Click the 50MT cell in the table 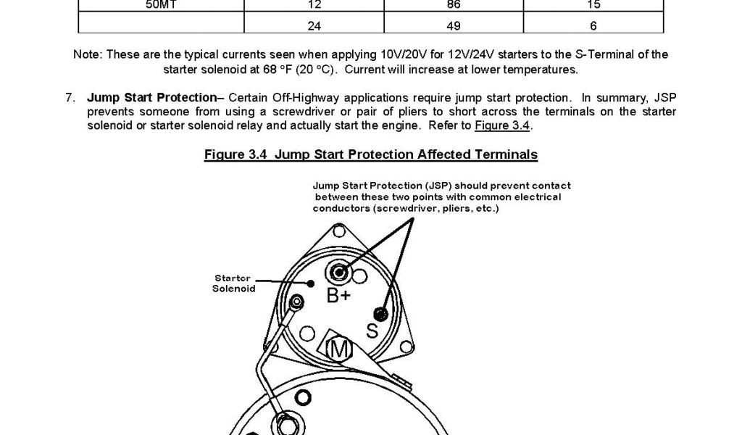tap(161, 5)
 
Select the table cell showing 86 tap(457, 5)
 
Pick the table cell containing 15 tap(594, 5)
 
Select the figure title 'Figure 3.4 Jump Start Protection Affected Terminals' tap(371, 154)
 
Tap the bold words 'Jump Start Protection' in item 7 tap(151, 98)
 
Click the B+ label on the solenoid tap(338, 296)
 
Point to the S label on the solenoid tap(372, 331)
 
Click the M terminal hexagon tap(338, 349)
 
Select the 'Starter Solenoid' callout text tap(233, 283)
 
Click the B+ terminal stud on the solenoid tap(338, 273)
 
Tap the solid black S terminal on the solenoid tap(379, 313)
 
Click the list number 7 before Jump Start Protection tap(70, 98)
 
